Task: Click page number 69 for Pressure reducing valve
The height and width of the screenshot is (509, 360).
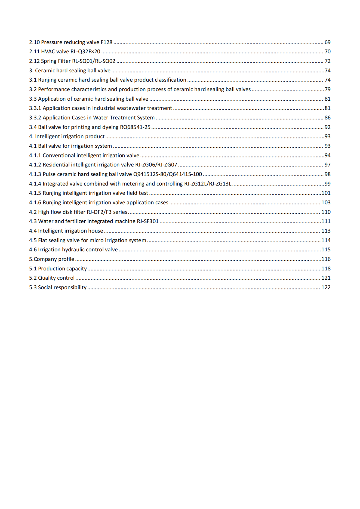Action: click(x=327, y=42)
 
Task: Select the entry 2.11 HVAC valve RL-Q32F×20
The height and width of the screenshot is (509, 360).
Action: click(x=65, y=52)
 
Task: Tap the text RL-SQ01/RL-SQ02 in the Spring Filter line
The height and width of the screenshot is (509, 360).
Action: click(x=94, y=61)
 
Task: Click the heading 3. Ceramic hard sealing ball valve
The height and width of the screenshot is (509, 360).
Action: click(x=70, y=71)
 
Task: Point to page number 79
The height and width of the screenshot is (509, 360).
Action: click(x=327, y=90)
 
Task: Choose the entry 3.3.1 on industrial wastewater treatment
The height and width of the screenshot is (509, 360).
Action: click(x=101, y=108)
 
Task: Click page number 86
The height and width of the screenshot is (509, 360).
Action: click(x=327, y=118)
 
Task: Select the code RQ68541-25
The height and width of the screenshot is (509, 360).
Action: click(x=135, y=127)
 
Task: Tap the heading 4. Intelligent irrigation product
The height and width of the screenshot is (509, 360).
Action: click(x=67, y=137)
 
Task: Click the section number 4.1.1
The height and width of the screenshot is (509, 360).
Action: click(x=35, y=156)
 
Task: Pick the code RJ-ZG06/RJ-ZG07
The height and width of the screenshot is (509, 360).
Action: click(x=156, y=165)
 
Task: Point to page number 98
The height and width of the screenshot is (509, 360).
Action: click(x=327, y=174)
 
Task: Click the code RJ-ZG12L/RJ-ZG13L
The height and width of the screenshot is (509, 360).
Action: click(x=208, y=184)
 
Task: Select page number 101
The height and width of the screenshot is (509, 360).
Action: click(x=326, y=193)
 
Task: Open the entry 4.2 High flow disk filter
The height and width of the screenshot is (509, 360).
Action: click(x=78, y=212)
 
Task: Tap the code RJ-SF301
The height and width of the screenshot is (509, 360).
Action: click(x=147, y=221)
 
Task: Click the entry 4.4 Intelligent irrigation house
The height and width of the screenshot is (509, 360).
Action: click(x=66, y=231)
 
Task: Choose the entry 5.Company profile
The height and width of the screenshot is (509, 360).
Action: click(x=52, y=259)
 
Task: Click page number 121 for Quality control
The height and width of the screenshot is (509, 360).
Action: click(x=326, y=278)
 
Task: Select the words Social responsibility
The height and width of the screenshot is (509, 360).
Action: click(x=62, y=288)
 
